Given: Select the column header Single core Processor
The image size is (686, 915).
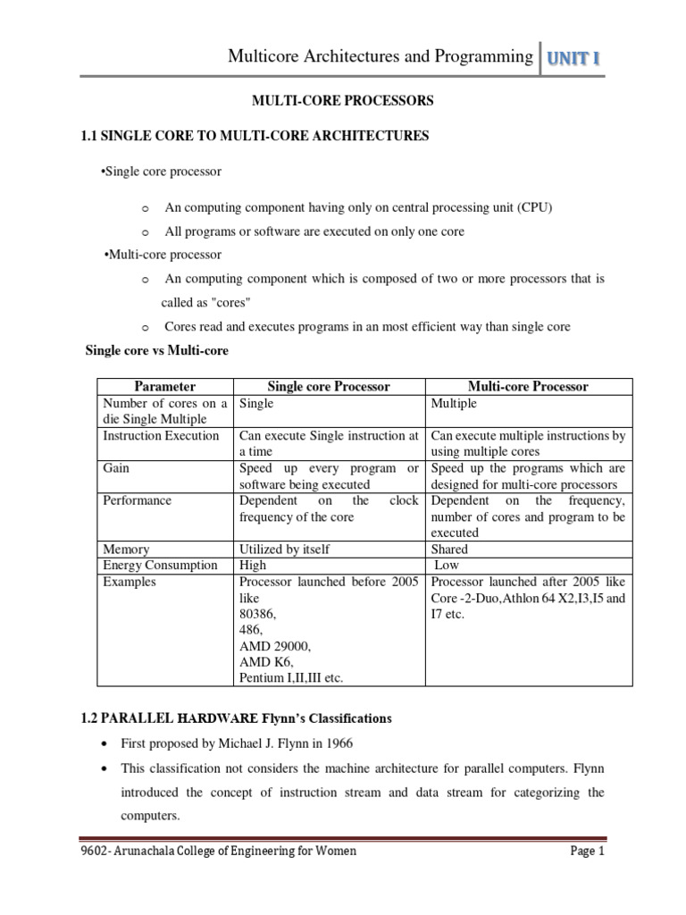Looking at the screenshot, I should [329, 386].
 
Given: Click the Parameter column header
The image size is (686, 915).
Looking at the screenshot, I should [164, 386].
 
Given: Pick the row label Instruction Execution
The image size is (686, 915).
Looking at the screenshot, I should [161, 436].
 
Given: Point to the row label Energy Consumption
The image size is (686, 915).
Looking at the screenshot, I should [160, 565].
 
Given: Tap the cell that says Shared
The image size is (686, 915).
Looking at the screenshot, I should [449, 550].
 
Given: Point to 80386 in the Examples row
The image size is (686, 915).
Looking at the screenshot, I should [257, 614].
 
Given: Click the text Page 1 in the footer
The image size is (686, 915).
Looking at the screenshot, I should [588, 852].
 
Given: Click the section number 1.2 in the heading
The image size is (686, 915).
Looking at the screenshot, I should [93, 718].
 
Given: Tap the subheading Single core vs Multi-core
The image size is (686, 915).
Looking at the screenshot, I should [156, 351].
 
